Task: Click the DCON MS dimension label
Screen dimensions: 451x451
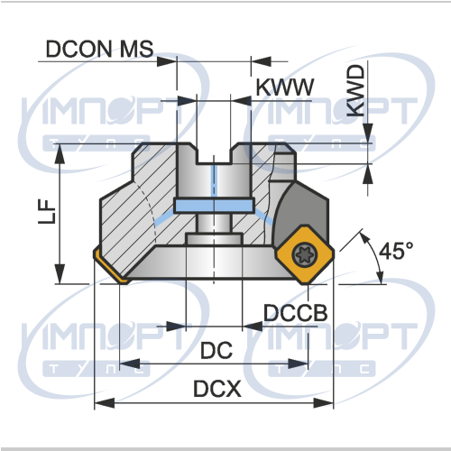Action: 99,49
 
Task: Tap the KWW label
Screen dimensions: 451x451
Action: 284,87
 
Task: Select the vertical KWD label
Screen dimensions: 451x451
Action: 355,91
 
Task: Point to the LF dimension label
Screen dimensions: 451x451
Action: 47,211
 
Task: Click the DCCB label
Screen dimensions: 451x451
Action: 295,313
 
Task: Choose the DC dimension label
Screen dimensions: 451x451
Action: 216,350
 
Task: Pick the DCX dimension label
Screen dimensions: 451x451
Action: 217,389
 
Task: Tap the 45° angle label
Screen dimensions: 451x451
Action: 396,251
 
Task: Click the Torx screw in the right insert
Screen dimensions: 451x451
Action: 304,255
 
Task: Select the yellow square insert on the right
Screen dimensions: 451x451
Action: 304,255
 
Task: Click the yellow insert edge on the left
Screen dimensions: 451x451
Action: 110,267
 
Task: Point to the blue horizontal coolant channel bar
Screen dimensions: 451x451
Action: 214,206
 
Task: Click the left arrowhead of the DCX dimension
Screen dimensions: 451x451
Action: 105,403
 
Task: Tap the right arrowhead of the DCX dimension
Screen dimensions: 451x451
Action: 324,403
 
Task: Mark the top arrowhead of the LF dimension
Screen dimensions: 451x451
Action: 60,154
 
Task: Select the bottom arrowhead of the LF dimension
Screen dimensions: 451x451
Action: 60,273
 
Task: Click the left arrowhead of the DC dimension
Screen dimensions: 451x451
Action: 130,364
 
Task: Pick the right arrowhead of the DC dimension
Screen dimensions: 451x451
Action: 299,364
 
